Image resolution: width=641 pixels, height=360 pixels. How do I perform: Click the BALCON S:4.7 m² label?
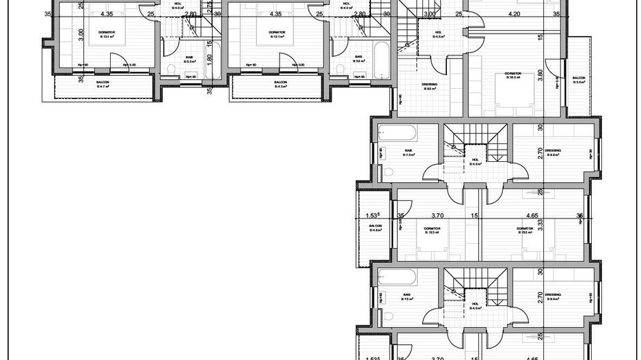[103, 85]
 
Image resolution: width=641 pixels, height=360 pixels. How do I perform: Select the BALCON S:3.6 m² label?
[579, 81]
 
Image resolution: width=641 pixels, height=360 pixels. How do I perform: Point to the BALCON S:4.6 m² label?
[375, 228]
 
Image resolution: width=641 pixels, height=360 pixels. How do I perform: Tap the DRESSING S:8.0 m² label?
[430, 86]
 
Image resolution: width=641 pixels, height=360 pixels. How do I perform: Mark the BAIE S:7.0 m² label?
[409, 153]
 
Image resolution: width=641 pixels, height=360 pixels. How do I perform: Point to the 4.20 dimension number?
[515, 14]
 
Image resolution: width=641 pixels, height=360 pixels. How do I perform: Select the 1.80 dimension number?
[210, 59]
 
